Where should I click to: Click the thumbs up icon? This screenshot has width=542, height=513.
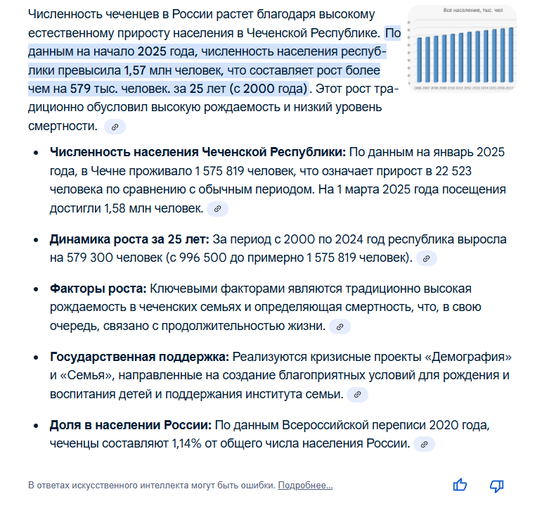click(460, 485)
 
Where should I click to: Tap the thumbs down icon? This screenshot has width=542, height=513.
click(497, 485)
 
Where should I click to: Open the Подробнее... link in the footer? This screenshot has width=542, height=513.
click(305, 486)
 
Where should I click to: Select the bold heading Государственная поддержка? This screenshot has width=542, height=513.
click(139, 357)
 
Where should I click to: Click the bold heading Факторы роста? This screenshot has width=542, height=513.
click(98, 289)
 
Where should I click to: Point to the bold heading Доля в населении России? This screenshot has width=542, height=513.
click(130, 425)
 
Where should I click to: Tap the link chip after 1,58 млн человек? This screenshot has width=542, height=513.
click(218, 209)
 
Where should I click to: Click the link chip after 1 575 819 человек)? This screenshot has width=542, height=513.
click(427, 259)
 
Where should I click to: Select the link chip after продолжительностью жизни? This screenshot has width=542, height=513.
click(340, 327)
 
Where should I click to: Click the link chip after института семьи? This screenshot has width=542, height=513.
click(357, 395)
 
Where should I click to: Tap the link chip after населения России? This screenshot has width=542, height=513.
click(424, 445)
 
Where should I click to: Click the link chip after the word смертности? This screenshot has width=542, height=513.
click(115, 127)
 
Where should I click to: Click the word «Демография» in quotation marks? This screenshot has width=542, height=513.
click(469, 357)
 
